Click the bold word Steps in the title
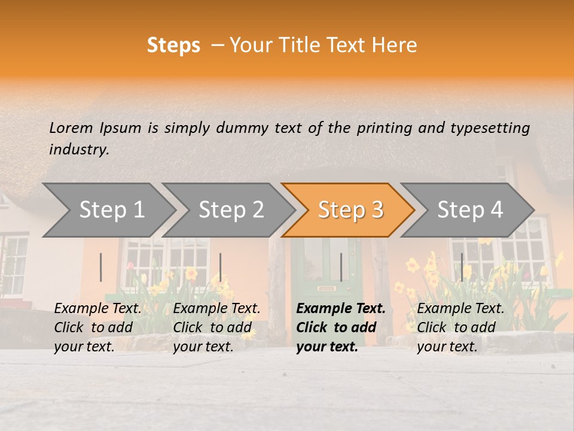point(173,45)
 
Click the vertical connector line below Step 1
point(101,267)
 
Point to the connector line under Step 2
point(221,267)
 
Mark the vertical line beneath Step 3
point(341,267)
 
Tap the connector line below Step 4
point(462,267)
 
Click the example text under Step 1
point(97,327)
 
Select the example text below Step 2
point(216,327)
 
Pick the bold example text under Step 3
point(341,327)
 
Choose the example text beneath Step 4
point(460,327)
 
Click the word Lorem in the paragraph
point(71,128)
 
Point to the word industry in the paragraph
point(78,150)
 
